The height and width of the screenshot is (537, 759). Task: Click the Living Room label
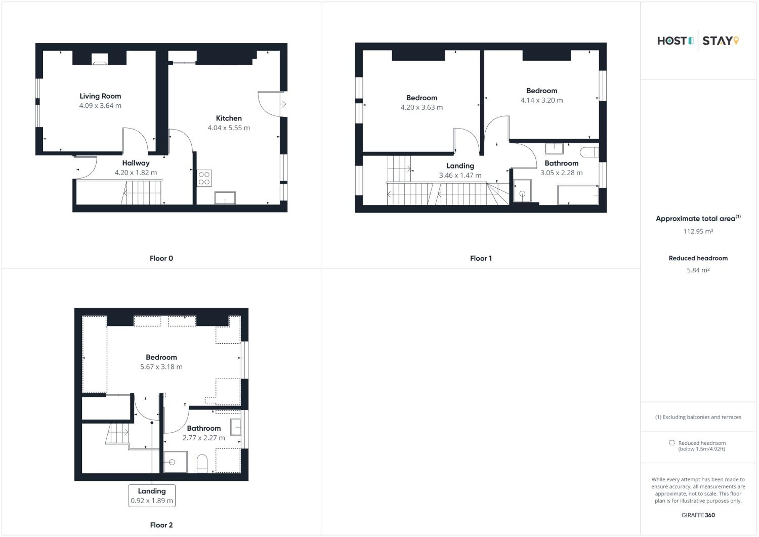[x=100, y=96]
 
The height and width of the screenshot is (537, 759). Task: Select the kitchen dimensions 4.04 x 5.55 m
[x=229, y=128]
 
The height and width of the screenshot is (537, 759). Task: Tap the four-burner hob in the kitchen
[x=204, y=178]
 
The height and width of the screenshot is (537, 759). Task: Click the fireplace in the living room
[x=99, y=59]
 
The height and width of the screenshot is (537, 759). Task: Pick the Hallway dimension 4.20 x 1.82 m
[x=136, y=173]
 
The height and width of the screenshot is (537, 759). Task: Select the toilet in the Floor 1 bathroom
[x=589, y=152]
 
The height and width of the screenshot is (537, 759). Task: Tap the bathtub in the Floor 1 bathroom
[x=578, y=195]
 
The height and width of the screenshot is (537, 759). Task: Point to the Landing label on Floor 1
[x=460, y=166]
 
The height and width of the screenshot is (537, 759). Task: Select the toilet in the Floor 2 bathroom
[x=202, y=464]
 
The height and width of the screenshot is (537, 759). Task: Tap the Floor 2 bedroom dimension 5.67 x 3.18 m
[x=161, y=367]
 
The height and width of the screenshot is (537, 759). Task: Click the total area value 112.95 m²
[x=698, y=232]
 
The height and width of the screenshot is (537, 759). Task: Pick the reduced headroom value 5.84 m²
[x=698, y=270]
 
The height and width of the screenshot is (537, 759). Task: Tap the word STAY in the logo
[x=717, y=41]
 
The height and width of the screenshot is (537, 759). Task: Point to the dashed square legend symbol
[x=672, y=443]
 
